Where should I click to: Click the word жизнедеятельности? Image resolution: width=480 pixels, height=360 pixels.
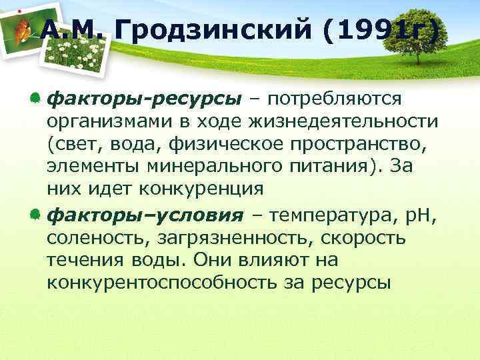[346, 122]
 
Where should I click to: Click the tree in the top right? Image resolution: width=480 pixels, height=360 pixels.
[417, 31]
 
